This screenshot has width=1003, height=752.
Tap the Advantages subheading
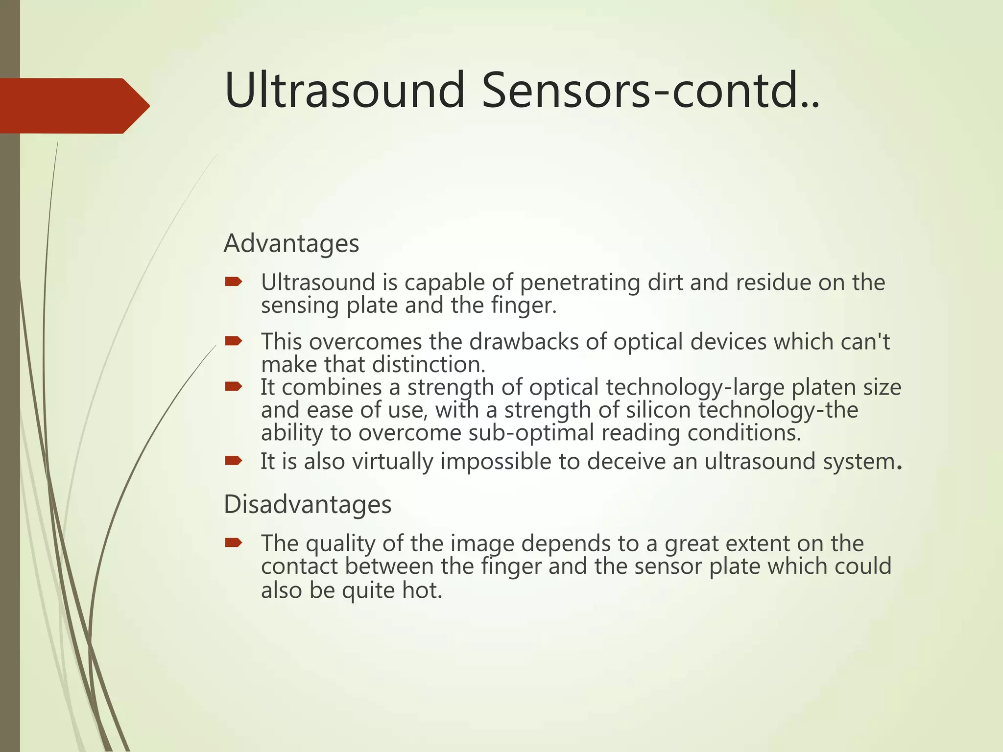(x=291, y=243)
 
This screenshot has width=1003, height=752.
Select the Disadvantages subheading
(x=308, y=504)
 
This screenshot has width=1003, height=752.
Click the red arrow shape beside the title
(x=73, y=106)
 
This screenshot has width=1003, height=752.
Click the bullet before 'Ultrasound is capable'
(x=234, y=282)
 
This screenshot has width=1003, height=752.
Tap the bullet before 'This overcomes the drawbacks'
(x=234, y=341)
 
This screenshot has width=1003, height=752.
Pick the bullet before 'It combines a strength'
(x=234, y=387)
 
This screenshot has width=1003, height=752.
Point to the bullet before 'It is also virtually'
(x=234, y=460)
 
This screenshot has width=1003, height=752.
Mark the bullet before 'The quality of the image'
(x=234, y=542)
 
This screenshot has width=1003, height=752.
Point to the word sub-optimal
(x=531, y=433)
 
